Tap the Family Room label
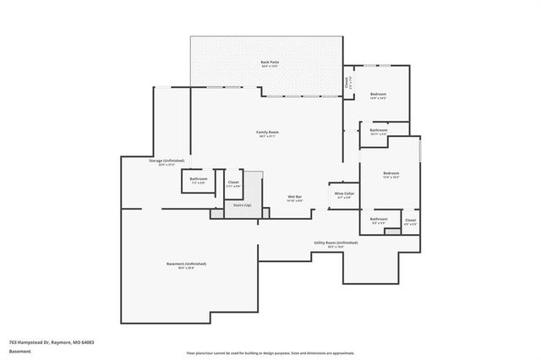click(268, 132)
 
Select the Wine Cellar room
click(343, 195)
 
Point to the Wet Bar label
click(294, 198)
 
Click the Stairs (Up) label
click(243, 205)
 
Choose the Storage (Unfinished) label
click(167, 161)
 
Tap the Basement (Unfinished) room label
click(186, 264)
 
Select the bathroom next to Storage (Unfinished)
click(199, 180)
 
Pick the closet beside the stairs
click(233, 183)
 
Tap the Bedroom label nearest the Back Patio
click(378, 94)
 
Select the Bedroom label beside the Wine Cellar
click(390, 174)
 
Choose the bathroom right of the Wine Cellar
click(378, 221)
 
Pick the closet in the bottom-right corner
click(410, 221)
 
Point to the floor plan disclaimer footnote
click(270, 352)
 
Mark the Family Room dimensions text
click(268, 136)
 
